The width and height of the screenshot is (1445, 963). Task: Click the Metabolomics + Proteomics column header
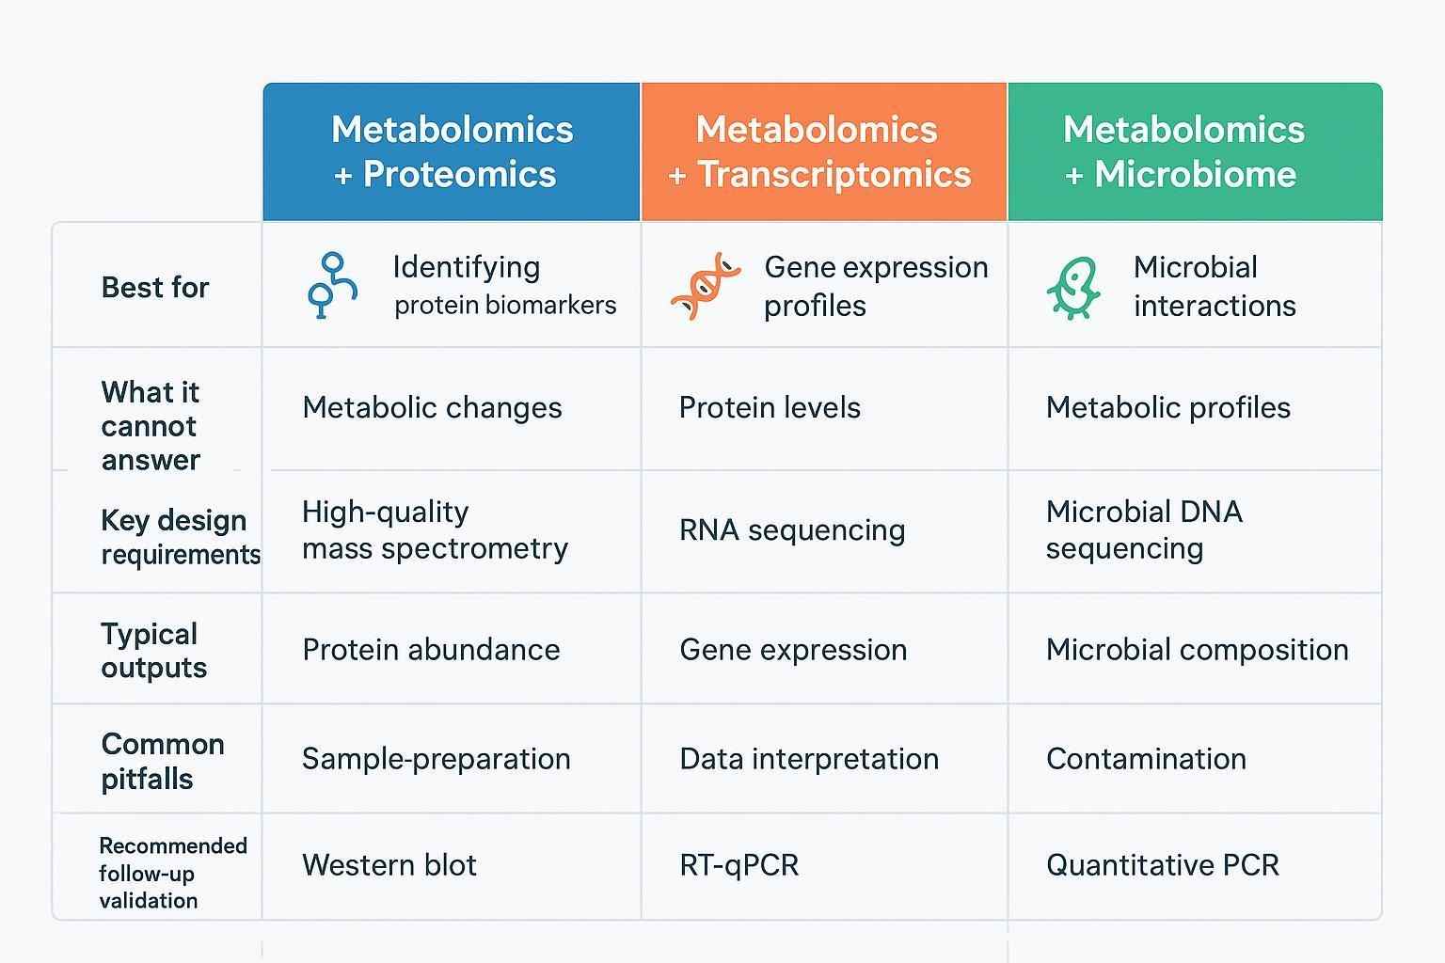point(452,152)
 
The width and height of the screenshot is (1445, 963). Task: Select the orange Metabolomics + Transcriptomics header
point(818,152)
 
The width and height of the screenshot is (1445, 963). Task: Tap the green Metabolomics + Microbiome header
point(1183,152)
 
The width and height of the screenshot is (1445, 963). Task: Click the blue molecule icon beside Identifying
point(331,285)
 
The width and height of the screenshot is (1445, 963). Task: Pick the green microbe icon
point(1073,288)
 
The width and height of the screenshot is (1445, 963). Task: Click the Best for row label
point(155,287)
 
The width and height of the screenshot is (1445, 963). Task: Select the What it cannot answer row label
point(151,425)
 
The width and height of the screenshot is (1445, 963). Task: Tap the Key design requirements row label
point(179,537)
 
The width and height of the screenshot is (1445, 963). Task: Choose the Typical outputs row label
point(153,650)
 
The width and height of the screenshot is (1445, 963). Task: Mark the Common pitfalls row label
point(162,761)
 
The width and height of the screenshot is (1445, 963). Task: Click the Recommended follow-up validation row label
point(172,873)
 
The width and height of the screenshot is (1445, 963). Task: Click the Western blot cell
point(389,864)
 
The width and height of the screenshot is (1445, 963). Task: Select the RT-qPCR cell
point(738,864)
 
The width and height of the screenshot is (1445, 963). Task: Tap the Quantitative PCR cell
point(1162,864)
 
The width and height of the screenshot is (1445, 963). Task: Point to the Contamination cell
point(1146,758)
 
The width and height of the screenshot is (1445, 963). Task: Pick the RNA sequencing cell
point(792,529)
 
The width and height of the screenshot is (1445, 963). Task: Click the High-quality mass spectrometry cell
point(435,529)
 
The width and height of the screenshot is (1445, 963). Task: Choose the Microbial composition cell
point(1197,649)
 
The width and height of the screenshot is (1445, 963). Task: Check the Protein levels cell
point(770,407)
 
